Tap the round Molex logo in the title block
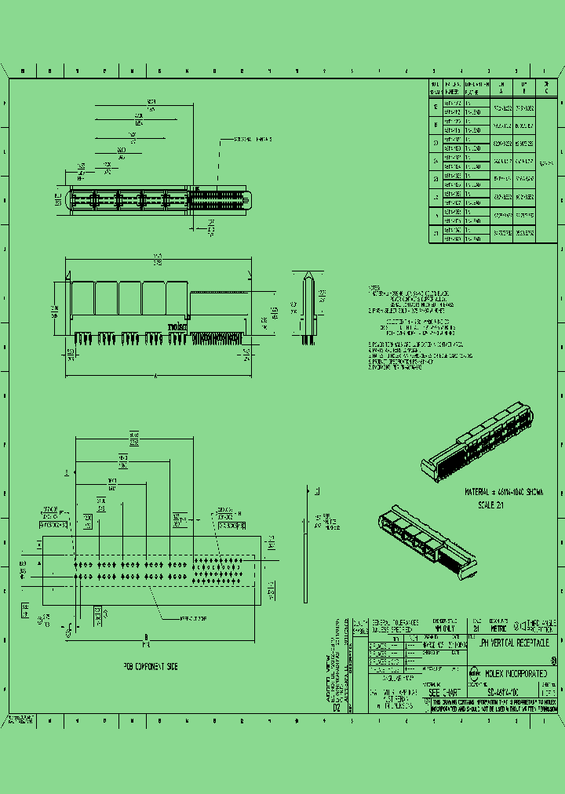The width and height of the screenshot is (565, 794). [x=475, y=672]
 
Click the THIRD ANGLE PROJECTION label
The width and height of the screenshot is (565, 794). [x=541, y=625]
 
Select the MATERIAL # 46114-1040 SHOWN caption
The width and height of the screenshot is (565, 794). [x=504, y=492]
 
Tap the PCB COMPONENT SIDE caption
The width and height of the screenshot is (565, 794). [x=150, y=666]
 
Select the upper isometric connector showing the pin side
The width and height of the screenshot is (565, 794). [x=483, y=440]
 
